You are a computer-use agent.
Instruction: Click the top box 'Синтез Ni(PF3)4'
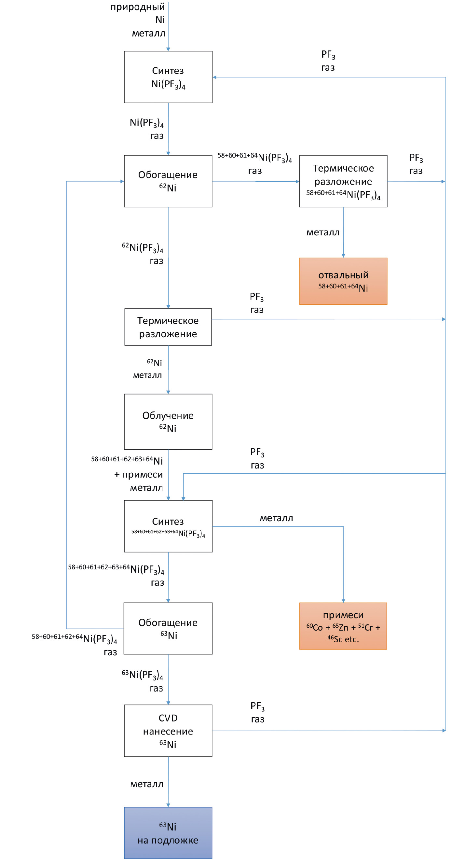coord(168,77)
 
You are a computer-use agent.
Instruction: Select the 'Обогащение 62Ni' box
coord(168,181)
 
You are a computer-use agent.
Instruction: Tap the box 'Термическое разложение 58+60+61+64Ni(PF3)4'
coord(343,181)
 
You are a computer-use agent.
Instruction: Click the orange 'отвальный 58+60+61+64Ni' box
coord(343,281)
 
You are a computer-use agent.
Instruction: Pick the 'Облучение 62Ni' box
coord(168,421)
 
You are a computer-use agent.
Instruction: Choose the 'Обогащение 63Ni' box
coord(168,628)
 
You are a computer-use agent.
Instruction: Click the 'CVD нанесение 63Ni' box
coord(168,731)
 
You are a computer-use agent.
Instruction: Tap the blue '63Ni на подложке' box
coord(168,833)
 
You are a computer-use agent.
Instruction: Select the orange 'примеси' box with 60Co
coord(343,626)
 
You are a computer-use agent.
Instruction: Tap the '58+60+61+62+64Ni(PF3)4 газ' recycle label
coord(75,645)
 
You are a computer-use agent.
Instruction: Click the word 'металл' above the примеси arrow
coord(277,518)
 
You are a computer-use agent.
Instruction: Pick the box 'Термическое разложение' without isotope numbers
coord(168,327)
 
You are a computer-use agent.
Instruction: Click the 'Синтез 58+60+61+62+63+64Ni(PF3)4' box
coord(168,526)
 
